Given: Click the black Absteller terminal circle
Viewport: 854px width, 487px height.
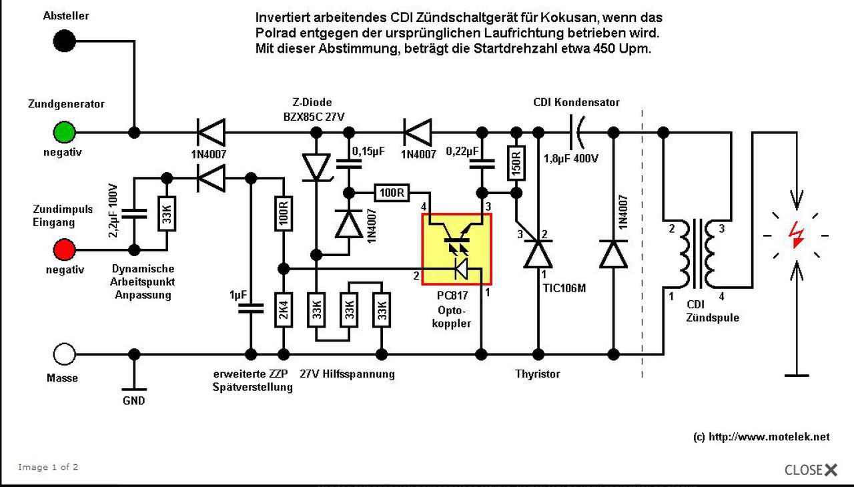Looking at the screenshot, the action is [x=64, y=41].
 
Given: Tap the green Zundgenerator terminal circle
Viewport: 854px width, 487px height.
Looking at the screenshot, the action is [x=64, y=132].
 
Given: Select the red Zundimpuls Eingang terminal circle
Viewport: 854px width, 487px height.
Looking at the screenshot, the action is [x=64, y=250].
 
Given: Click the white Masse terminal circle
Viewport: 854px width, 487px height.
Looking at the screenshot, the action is [x=64, y=354].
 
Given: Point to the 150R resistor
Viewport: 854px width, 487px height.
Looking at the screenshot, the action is [x=516, y=163].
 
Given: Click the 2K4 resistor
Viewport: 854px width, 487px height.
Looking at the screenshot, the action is [x=284, y=310].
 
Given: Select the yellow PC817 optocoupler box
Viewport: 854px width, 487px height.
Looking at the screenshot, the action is [x=456, y=250].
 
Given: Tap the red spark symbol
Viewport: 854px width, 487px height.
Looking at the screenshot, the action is [x=797, y=235].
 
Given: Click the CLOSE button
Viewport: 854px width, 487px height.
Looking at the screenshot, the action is [x=811, y=470].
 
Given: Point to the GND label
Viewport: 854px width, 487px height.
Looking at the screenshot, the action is [x=134, y=401].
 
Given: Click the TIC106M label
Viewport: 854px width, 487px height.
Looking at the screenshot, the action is [x=564, y=288].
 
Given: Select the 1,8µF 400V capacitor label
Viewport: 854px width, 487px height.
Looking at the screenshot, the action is [x=570, y=159].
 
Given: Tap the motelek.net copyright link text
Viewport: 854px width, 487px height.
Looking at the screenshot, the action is [x=761, y=437].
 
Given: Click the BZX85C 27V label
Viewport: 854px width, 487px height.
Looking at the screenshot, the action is [x=314, y=117].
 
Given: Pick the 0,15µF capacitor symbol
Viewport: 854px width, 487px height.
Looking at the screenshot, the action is [x=348, y=164].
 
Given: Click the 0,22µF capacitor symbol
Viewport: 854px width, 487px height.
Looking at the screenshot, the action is [x=482, y=164].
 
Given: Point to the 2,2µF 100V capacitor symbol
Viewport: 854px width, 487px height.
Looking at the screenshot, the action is [x=134, y=213].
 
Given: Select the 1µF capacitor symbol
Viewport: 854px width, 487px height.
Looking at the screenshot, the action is [x=250, y=308].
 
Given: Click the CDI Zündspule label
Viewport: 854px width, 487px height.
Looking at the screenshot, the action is [x=712, y=311].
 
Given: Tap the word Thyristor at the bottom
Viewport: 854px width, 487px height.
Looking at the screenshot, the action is [x=538, y=374].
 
